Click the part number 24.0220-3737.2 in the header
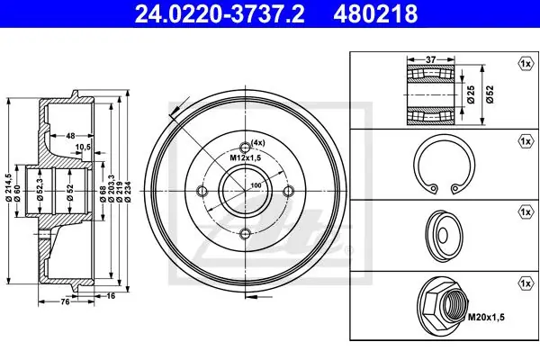coord(220,13)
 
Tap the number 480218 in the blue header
coord(375,13)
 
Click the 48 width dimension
coord(70,136)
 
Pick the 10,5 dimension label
coord(83,147)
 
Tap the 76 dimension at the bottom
coord(65,301)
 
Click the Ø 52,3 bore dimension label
coord(40,189)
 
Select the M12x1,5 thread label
coord(245,157)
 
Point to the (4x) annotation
coord(257,142)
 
